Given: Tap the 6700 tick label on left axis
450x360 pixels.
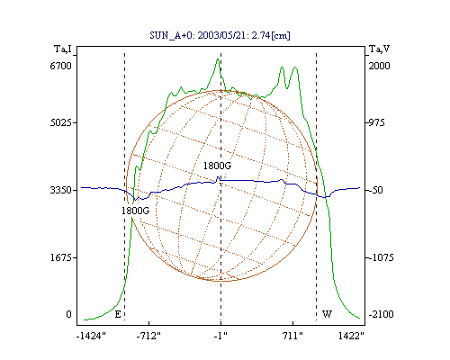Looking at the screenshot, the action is (61, 66).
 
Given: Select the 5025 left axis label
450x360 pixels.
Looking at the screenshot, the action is (61, 122).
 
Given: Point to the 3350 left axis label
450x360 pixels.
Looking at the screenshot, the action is (61, 190).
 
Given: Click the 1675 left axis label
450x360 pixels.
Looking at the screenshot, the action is (61, 257).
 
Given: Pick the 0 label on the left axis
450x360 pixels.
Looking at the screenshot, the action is (68, 314).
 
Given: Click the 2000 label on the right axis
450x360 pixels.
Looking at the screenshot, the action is (379, 66).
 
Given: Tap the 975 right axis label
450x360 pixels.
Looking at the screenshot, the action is (376, 122).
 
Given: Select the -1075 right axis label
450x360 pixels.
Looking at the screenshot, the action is (381, 257).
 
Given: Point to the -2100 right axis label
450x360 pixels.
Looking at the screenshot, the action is (381, 314).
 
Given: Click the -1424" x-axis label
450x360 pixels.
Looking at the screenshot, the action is (91, 336).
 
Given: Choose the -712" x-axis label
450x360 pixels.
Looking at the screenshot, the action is (148, 336).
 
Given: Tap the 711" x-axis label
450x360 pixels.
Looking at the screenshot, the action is (292, 336).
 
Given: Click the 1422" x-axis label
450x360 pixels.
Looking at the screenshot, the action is (351, 336).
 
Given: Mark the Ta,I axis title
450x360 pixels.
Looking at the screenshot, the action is (63, 49).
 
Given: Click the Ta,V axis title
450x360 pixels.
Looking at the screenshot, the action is (380, 49).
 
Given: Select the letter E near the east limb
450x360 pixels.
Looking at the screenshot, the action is (118, 314).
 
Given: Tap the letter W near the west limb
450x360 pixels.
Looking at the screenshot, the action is (327, 314).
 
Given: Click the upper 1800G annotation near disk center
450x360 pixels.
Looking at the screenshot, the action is (217, 166).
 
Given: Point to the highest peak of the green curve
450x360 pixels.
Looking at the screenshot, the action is (218, 58).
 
